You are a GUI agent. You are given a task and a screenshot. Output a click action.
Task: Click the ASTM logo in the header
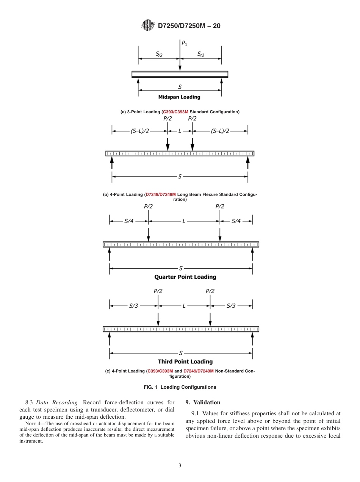pos(148,25)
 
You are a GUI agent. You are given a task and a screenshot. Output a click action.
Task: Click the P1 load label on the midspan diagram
pos(184,43)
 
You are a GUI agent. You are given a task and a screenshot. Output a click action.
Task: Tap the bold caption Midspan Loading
pos(179,97)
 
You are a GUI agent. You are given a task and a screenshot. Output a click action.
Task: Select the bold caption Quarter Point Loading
pos(185,277)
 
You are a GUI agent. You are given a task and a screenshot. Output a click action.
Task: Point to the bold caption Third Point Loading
pos(185,361)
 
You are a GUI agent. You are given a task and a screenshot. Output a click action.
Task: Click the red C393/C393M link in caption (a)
pos(175,112)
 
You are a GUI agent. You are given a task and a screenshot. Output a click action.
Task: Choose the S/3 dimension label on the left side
pos(134,306)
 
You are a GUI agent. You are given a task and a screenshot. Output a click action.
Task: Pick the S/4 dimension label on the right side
pos(236,221)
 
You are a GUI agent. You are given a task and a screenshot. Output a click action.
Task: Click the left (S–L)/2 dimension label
pos(140,131)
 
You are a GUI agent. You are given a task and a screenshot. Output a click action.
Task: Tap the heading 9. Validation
pos(203,402)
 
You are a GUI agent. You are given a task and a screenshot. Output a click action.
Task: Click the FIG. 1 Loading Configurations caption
pos(180,387)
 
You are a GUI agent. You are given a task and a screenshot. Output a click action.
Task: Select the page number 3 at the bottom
pos(180,465)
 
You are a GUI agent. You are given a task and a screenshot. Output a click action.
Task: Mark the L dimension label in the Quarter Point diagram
pos(184,221)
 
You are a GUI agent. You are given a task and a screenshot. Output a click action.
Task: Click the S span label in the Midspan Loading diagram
pos(180,87)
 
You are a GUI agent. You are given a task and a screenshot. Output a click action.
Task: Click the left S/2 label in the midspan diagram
pos(159,54)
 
